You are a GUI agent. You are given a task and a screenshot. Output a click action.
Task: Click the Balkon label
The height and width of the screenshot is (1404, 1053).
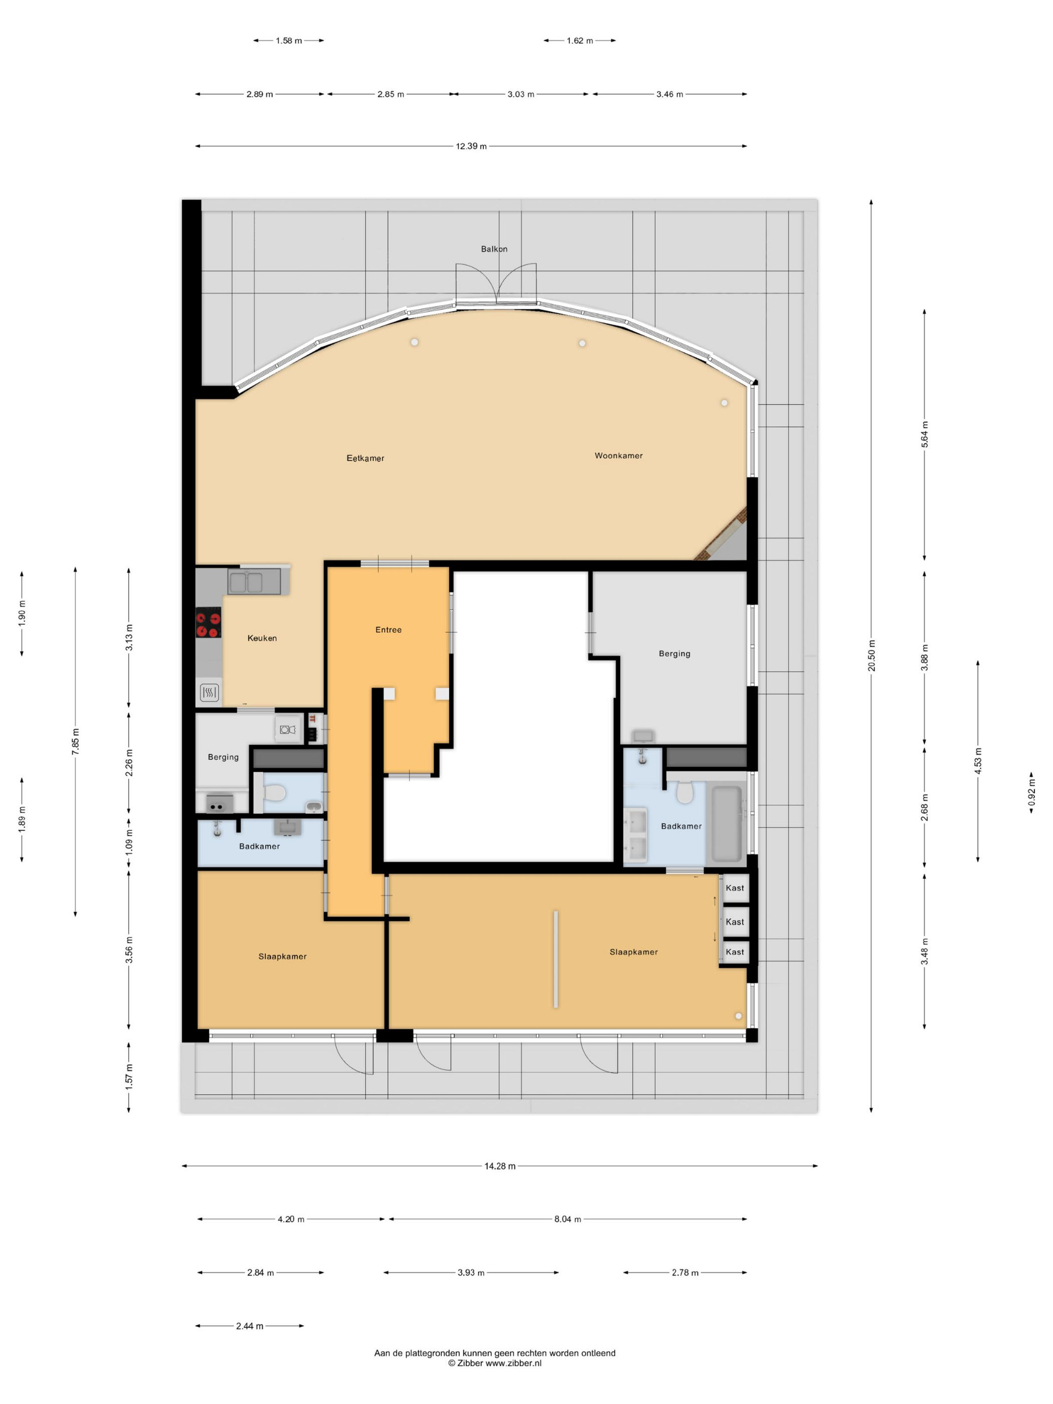coord(494,249)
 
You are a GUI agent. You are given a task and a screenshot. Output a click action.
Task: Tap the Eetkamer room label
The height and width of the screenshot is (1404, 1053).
coord(365,458)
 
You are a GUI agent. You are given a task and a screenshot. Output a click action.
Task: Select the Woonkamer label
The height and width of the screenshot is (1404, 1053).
coord(618,455)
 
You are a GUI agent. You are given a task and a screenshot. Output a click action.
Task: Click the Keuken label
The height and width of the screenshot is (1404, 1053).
coord(262,638)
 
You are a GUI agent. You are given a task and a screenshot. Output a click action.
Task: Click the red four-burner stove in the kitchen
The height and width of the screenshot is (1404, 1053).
coord(208,622)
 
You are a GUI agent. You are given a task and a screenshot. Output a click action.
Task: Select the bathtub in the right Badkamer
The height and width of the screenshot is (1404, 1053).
coord(726,823)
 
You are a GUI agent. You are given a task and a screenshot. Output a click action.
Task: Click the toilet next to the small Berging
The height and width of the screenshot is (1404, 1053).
coord(274,792)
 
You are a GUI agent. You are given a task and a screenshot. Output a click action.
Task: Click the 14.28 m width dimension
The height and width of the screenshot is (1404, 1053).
coord(499,1166)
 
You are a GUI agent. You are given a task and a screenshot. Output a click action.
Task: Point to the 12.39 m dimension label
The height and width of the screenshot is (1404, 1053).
coord(471,146)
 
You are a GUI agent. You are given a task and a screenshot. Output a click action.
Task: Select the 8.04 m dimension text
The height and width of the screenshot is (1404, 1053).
coord(568,1218)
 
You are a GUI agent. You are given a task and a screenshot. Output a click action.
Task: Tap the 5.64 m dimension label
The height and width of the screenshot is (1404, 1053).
coord(925,434)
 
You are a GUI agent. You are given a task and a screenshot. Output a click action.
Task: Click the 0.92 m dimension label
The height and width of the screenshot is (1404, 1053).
coord(1031,793)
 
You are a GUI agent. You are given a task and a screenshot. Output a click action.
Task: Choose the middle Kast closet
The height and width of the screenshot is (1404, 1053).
coord(735,922)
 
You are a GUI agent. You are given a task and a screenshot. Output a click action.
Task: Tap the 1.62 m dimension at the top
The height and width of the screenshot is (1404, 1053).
coord(580,41)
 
